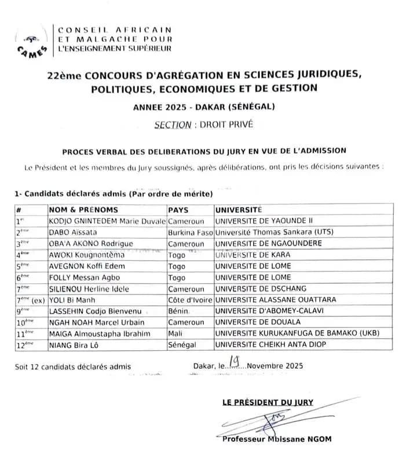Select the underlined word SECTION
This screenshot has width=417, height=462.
[x=173, y=124]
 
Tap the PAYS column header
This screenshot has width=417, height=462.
[x=178, y=210]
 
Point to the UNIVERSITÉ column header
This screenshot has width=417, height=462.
[x=239, y=210]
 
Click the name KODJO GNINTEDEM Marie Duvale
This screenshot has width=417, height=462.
[x=108, y=221]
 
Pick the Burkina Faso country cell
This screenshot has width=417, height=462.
[x=190, y=232]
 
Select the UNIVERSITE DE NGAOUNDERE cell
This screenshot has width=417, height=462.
[x=268, y=244]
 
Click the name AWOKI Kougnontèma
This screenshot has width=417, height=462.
[x=86, y=255]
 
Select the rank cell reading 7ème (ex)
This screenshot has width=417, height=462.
[x=30, y=300]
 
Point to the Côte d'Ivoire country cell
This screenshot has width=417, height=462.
[x=190, y=300]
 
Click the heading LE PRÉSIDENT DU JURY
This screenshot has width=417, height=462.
[x=268, y=402]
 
